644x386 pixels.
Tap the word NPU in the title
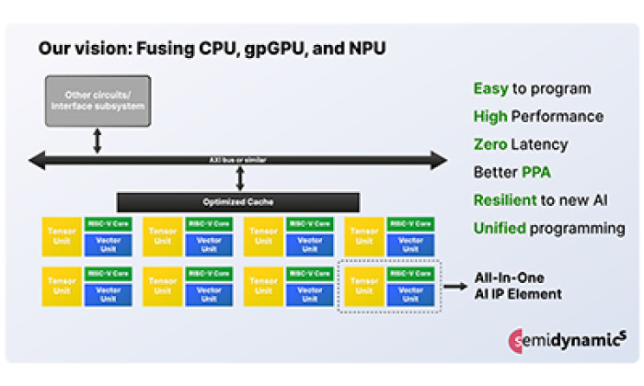(x=364, y=50)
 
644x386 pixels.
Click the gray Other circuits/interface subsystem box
(x=98, y=100)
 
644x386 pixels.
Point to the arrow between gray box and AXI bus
(x=98, y=141)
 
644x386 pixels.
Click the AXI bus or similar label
(x=238, y=160)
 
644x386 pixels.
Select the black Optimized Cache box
(x=237, y=200)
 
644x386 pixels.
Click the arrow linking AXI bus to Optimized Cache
(x=238, y=180)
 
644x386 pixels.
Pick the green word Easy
(x=490, y=89)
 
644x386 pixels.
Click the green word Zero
(x=491, y=144)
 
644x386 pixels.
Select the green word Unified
(x=501, y=228)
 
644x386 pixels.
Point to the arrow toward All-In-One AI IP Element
(x=454, y=287)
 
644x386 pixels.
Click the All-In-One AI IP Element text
(x=518, y=286)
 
